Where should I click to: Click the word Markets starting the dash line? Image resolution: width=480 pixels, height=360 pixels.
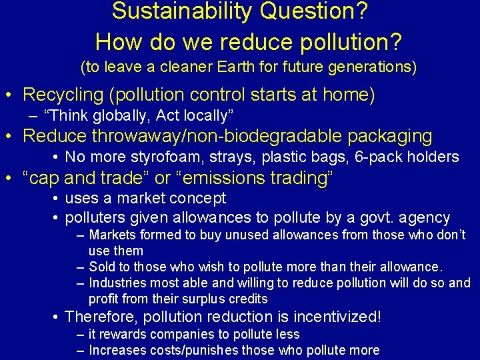click(111, 235)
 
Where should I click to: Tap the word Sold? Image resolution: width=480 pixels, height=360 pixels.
click(101, 267)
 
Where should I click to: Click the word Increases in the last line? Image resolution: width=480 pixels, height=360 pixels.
click(115, 350)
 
